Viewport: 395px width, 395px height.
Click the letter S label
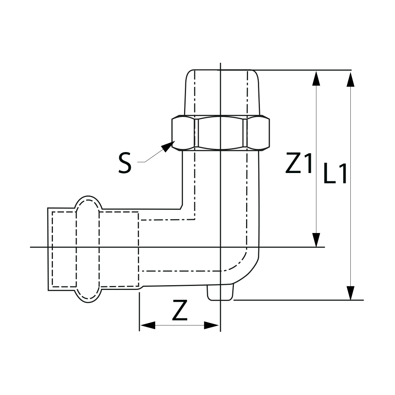click(125, 164)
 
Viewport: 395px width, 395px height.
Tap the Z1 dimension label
click(299, 164)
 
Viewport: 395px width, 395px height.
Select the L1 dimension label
click(335, 174)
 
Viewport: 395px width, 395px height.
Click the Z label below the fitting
click(180, 310)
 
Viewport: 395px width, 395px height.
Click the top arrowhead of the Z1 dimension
click(316, 78)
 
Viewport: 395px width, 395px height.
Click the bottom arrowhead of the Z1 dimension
click(316, 240)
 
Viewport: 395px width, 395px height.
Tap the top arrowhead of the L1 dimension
click(350, 78)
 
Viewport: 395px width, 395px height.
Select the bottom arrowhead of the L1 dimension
click(350, 293)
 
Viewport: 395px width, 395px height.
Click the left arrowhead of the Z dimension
click(147, 325)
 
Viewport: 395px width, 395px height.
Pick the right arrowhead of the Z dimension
click(211, 325)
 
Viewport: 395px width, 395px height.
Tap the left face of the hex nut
click(183, 133)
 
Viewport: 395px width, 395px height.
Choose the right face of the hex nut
click(258, 133)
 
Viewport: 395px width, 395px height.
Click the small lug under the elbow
click(220, 292)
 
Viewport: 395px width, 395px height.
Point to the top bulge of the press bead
click(88, 202)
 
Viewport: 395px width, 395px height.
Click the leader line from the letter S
click(150, 158)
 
